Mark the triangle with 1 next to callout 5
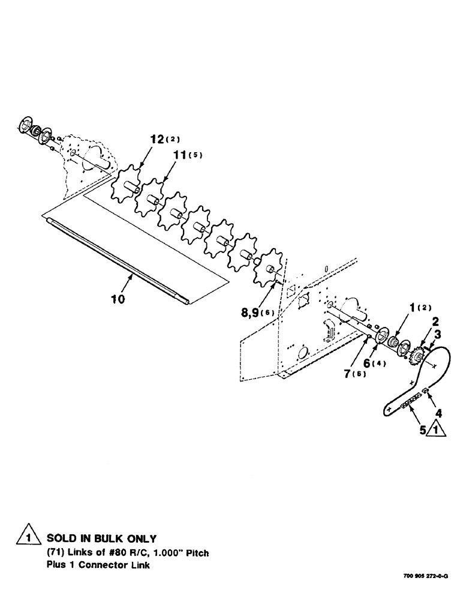pyautogui.click(x=436, y=429)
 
